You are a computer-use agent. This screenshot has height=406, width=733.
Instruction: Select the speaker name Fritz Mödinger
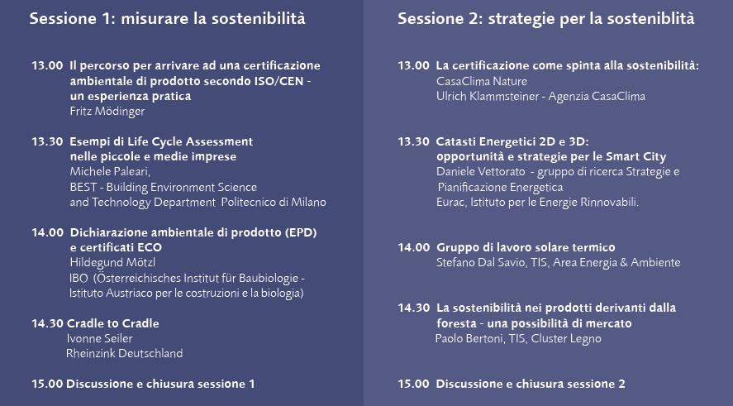(109, 111)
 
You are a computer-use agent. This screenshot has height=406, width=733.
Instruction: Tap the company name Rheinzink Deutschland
(124, 353)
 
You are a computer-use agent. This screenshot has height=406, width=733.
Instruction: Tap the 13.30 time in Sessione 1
(47, 141)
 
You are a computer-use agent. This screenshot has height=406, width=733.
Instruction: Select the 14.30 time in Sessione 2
(413, 308)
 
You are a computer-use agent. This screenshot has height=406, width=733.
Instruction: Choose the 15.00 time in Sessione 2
(413, 384)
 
